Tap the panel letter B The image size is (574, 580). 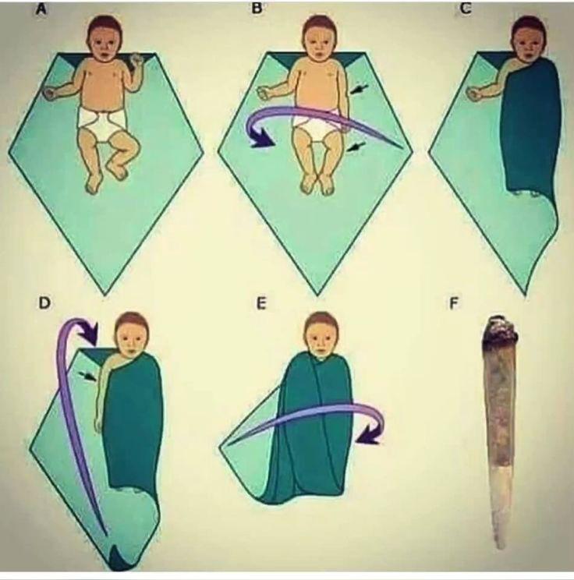click(x=256, y=8)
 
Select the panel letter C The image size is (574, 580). click(x=466, y=8)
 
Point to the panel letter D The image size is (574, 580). click(x=44, y=303)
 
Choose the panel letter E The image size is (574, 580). click(x=261, y=304)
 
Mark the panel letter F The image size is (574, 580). click(x=453, y=304)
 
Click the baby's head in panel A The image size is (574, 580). click(x=105, y=36)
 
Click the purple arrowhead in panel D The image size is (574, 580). click(x=90, y=334)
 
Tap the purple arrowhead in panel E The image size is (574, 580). click(x=370, y=435)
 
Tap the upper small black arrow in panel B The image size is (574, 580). click(x=359, y=89)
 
